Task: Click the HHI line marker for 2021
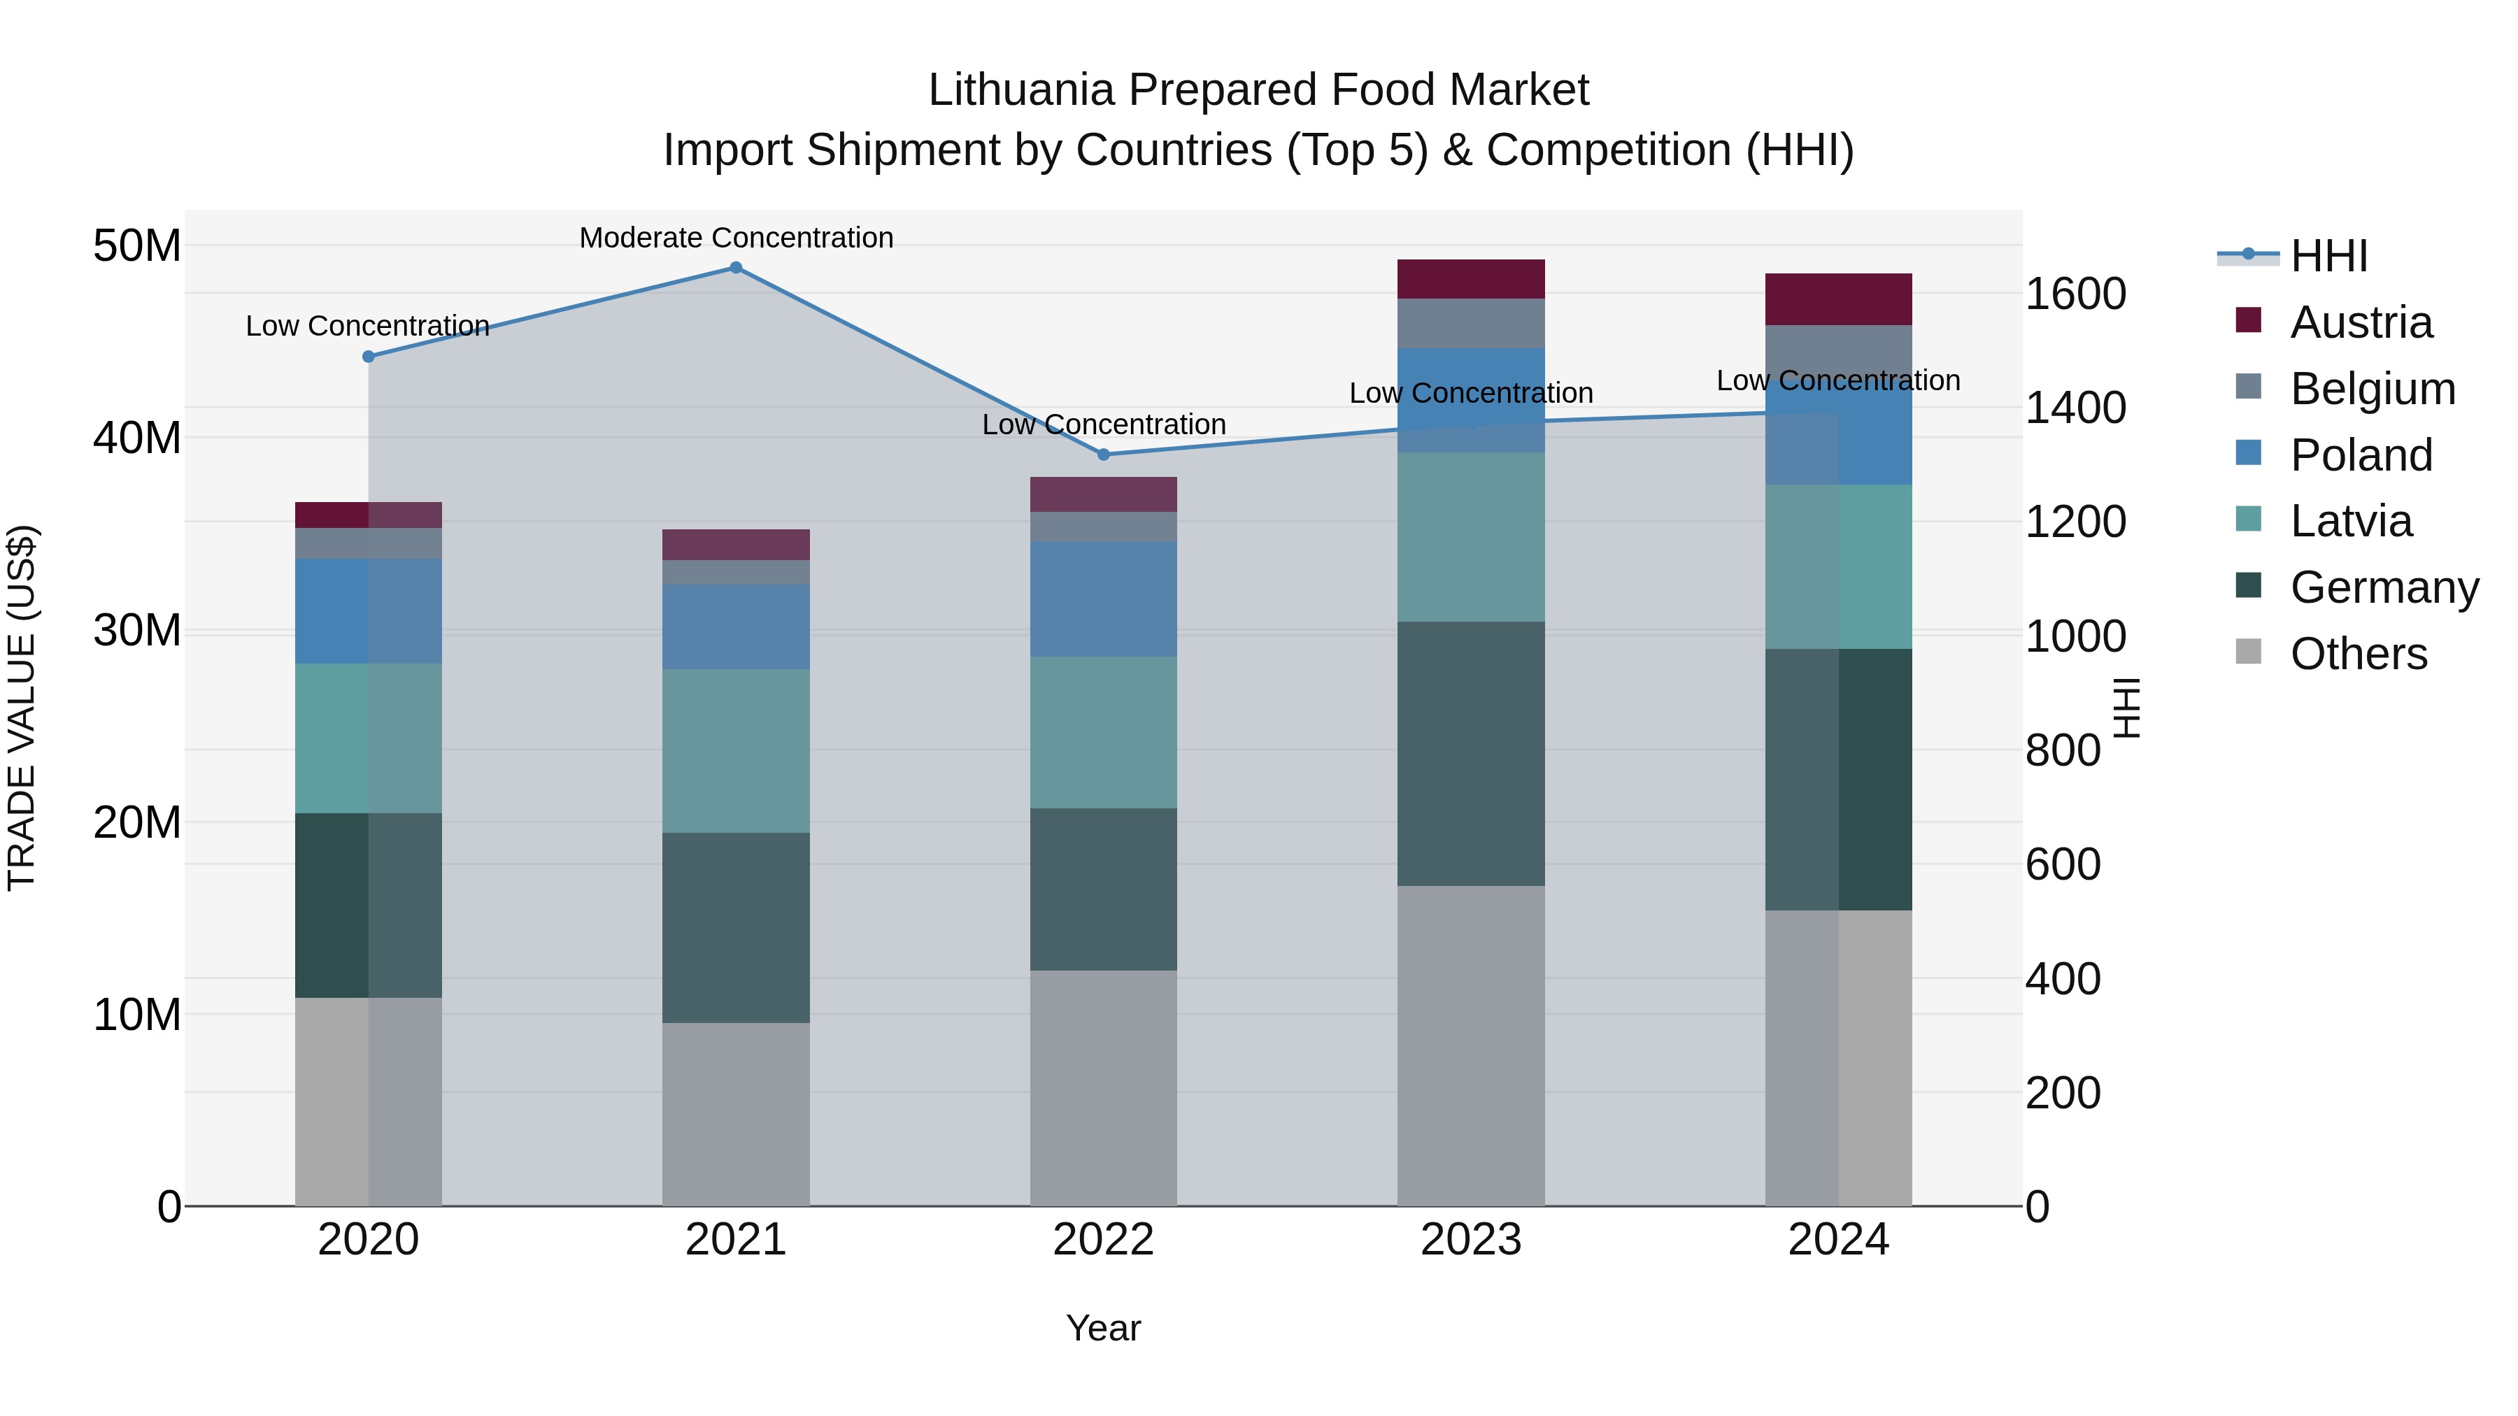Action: point(736,268)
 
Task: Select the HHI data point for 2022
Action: point(1104,455)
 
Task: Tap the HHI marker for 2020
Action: point(369,357)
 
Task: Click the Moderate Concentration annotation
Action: point(736,238)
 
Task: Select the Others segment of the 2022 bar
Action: point(1104,1087)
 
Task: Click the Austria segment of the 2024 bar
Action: point(1837,299)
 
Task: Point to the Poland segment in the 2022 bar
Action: point(1104,599)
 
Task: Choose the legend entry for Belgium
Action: point(2373,389)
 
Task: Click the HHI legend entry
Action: point(2328,256)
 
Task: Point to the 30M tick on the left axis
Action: point(137,630)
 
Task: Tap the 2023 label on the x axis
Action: point(1470,1240)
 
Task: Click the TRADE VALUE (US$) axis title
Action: point(22,708)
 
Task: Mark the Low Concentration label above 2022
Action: point(1104,424)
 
